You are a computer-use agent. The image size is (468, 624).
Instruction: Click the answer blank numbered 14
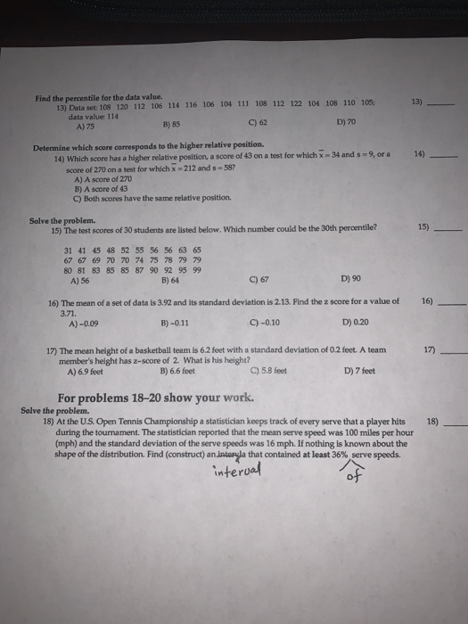pyautogui.click(x=442, y=155)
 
